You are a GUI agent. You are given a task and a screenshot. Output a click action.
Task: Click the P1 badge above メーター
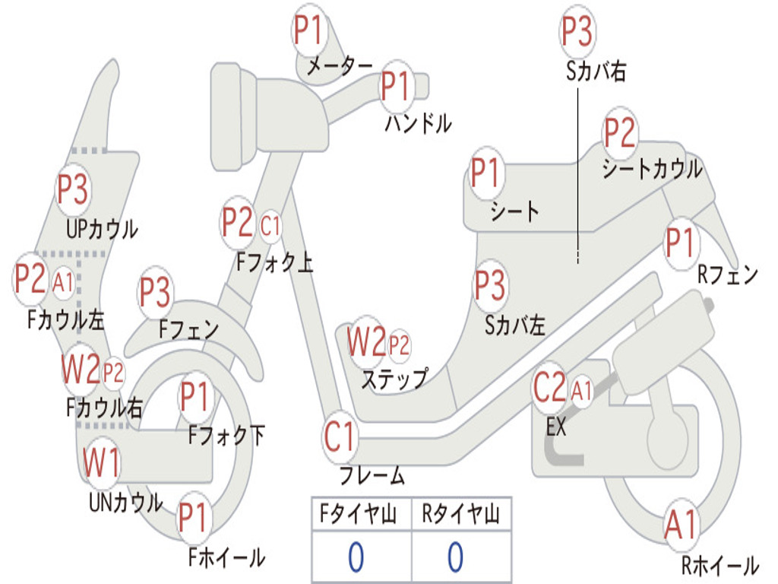coord(309,30)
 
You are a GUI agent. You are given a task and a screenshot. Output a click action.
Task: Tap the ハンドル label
coord(419,123)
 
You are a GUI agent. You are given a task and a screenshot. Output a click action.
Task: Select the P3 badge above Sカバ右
coord(577,31)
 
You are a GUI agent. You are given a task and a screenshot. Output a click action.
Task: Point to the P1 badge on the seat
coord(485,173)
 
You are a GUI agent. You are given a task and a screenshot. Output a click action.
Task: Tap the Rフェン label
coord(728,275)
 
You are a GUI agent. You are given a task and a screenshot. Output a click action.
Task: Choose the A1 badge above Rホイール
coord(682,525)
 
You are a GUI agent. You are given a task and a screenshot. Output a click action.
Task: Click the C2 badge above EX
coord(550,387)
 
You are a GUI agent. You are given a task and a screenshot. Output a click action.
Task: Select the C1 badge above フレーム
coord(340,436)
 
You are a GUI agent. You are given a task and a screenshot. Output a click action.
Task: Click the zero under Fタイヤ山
coord(356,557)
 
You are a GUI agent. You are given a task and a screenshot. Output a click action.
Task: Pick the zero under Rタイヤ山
coord(456,557)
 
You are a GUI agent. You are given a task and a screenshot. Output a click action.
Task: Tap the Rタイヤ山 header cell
coord(461,513)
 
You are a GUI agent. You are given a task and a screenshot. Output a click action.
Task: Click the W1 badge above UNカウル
coord(101,462)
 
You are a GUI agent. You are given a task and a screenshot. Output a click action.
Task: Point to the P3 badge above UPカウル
coord(73,189)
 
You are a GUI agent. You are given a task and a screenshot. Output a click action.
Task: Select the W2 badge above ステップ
coord(367,341)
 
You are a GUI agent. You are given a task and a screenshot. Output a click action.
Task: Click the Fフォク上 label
coord(274,262)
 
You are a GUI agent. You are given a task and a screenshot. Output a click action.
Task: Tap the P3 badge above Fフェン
coord(155,292)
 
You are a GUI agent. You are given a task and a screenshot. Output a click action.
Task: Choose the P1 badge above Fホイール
coord(192,517)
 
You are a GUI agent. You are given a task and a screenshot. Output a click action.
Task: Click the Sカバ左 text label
coord(515,325)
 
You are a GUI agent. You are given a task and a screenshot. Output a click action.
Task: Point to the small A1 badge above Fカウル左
coord(64,283)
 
